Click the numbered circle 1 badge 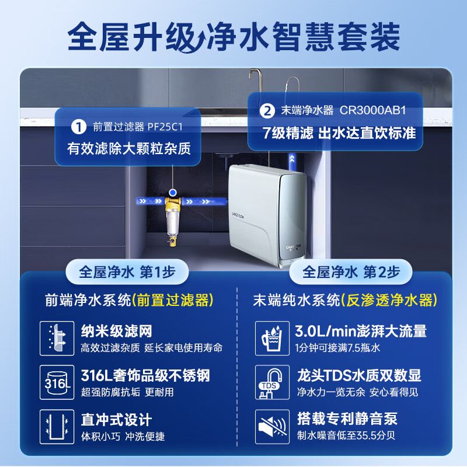coord(79,127)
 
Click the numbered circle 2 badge coord(267,111)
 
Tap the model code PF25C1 coord(165,127)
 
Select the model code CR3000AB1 coord(373,110)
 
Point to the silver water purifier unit coord(267,215)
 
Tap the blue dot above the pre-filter coord(172,193)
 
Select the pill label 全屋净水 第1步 coord(127,272)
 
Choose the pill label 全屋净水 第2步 coord(351,272)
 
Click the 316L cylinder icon coord(57,382)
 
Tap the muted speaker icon coord(272,427)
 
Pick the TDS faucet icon coord(272,382)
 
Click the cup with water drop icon coord(272,338)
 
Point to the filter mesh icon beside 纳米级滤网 coord(57,338)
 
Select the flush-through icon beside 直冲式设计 coord(57,427)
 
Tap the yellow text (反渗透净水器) coord(389,300)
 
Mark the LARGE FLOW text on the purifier coord(238,215)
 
